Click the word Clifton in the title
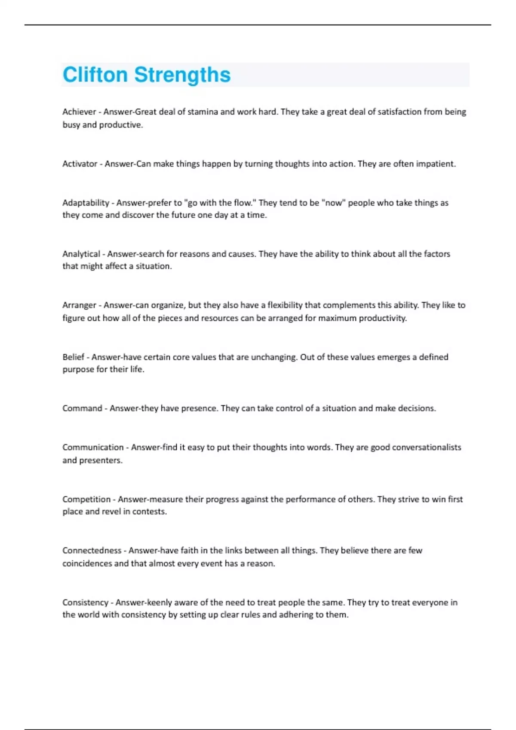pos(95,75)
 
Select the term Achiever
pos(79,112)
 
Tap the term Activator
pos(80,164)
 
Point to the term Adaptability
pos(86,203)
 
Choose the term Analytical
pos(81,254)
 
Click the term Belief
pos(73,357)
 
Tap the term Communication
pos(92,447)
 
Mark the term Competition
pos(86,499)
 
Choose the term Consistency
pos(85,602)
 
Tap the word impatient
pos(435,164)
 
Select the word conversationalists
pos(427,447)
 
